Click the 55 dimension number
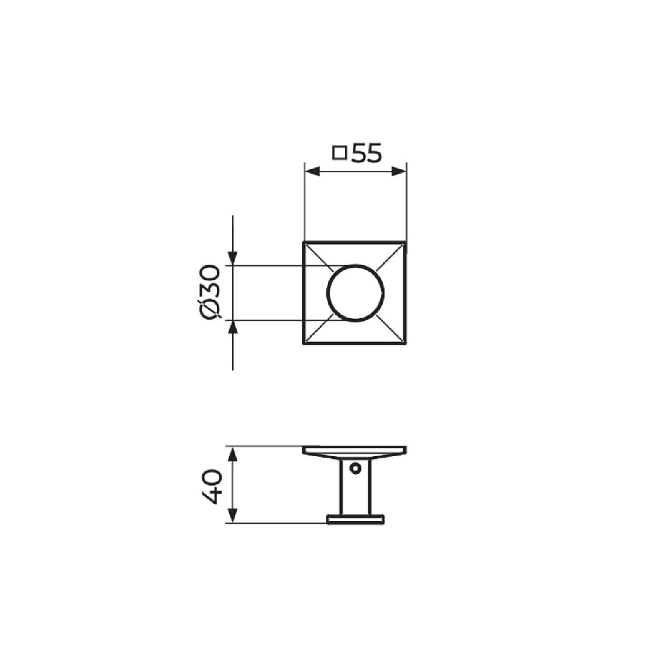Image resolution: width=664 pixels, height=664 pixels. (x=367, y=153)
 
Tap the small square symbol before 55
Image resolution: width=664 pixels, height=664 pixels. (x=340, y=153)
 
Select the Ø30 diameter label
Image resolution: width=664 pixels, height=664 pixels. (x=210, y=292)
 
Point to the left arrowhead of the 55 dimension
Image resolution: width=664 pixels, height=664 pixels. (x=312, y=171)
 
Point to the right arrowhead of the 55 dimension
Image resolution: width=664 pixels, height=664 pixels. (x=400, y=171)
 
